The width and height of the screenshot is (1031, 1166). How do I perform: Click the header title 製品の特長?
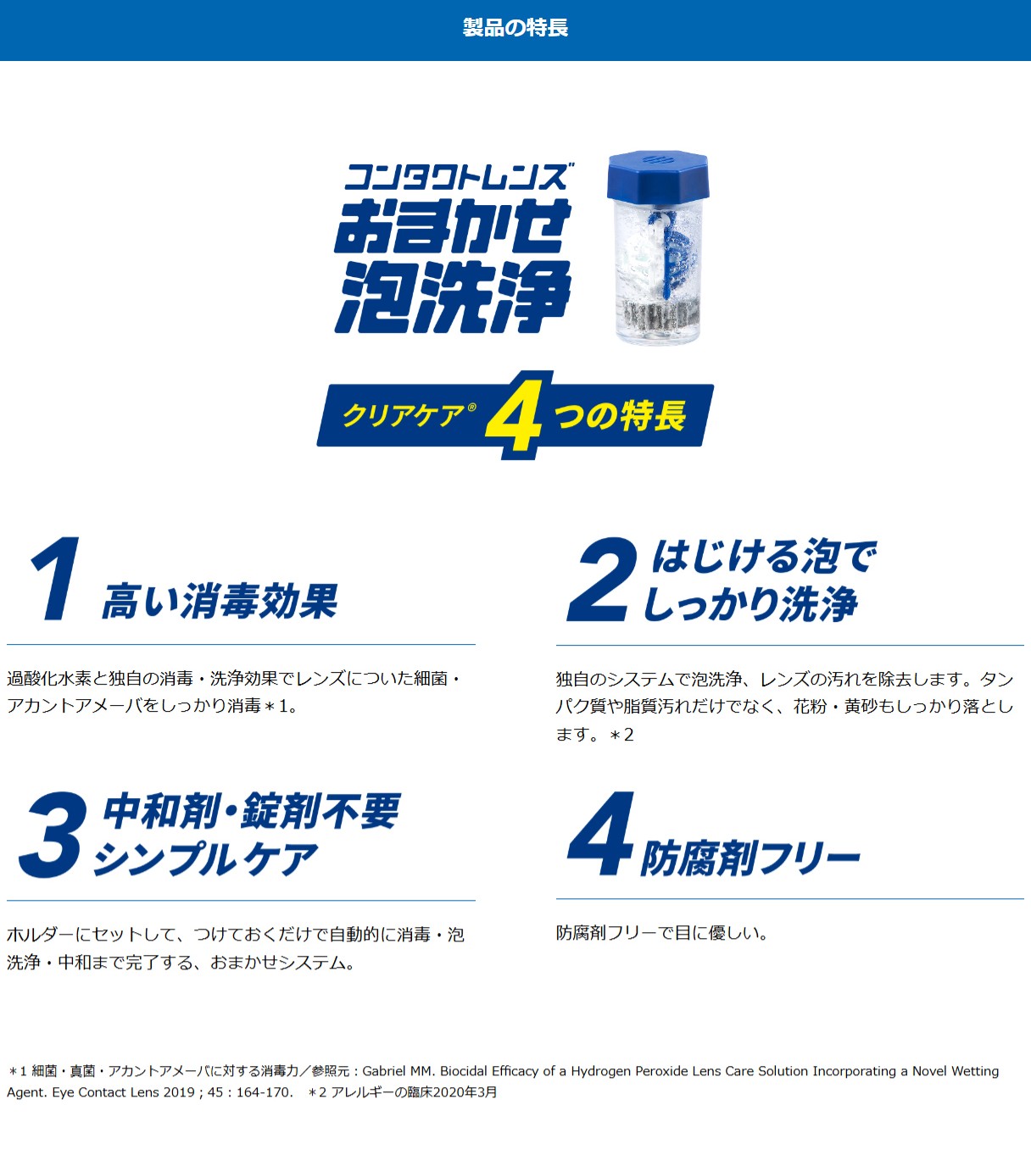[x=515, y=28]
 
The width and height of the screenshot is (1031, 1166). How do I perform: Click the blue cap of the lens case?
[x=658, y=175]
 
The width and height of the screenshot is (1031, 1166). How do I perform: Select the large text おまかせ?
[x=453, y=226]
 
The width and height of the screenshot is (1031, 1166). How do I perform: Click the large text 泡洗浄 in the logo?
[x=454, y=297]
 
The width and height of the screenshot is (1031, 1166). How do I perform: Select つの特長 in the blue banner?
[x=620, y=415]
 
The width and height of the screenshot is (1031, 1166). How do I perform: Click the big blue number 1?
[x=56, y=579]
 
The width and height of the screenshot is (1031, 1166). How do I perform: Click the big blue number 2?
[x=601, y=580]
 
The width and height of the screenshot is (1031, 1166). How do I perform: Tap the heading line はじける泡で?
[x=764, y=556]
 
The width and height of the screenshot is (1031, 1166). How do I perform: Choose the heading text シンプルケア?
[x=206, y=859]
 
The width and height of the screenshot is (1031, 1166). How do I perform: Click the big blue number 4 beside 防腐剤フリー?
[x=601, y=834]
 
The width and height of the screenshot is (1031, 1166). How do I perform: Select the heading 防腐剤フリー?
[x=750, y=858]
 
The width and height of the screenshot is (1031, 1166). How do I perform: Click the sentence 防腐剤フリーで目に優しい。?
[x=662, y=933]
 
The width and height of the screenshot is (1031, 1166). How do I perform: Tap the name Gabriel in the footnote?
[x=385, y=1071]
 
